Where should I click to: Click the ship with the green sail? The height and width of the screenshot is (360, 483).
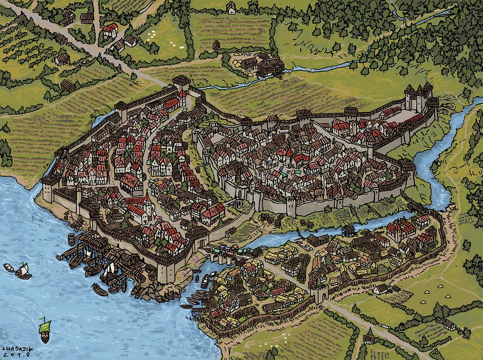[x=44, y=329]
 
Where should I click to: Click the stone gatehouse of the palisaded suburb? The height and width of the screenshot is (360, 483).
[x=319, y=293]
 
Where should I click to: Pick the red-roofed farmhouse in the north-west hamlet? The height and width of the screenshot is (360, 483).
[x=110, y=30]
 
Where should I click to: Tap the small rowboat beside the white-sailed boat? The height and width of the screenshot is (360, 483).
[x=9, y=267]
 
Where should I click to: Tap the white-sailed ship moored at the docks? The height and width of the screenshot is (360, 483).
[x=108, y=271]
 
